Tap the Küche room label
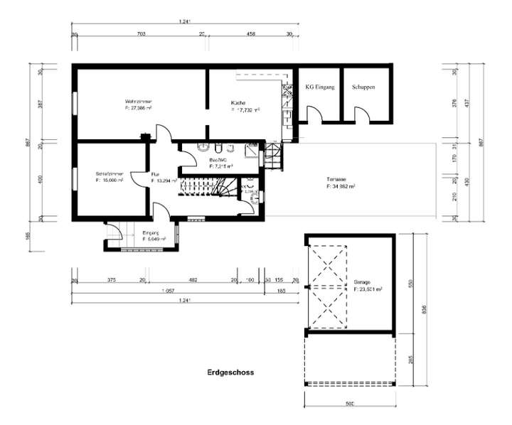pos(238,102)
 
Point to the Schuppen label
pos(363,87)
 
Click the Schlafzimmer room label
pos(109,173)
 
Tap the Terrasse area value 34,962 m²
pos(341,186)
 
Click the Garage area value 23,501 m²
pos(368,290)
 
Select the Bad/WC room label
pos(218,161)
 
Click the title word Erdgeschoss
pos(230,372)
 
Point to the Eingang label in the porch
pos(150,233)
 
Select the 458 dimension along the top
pos(250,33)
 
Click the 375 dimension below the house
pos(111,280)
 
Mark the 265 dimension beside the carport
pos(409,360)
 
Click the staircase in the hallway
pos(206,188)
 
